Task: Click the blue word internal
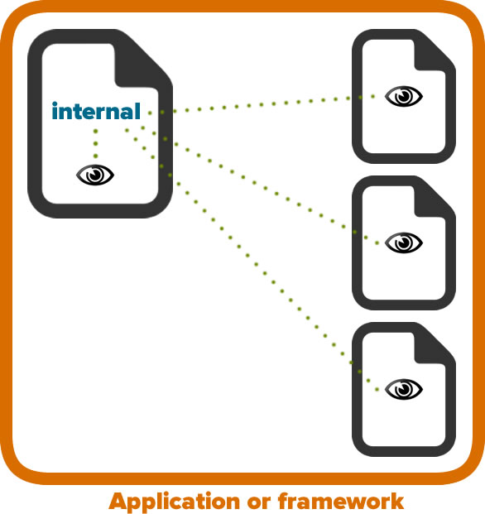pyautogui.click(x=96, y=111)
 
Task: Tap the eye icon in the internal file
pyautogui.click(x=95, y=175)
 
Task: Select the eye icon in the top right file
pyautogui.click(x=404, y=96)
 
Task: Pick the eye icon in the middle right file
pyautogui.click(x=404, y=243)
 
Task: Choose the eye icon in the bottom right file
pyautogui.click(x=404, y=389)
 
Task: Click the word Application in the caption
pyautogui.click(x=175, y=502)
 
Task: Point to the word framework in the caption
pyautogui.click(x=341, y=502)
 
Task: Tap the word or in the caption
pyautogui.click(x=259, y=503)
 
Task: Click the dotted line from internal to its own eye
pyautogui.click(x=95, y=143)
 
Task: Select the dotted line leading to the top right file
pyautogui.click(x=262, y=104)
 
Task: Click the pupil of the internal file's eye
pyautogui.click(x=95, y=174)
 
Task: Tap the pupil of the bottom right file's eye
pyautogui.click(x=404, y=388)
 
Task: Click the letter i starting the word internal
pyautogui.click(x=55, y=111)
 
